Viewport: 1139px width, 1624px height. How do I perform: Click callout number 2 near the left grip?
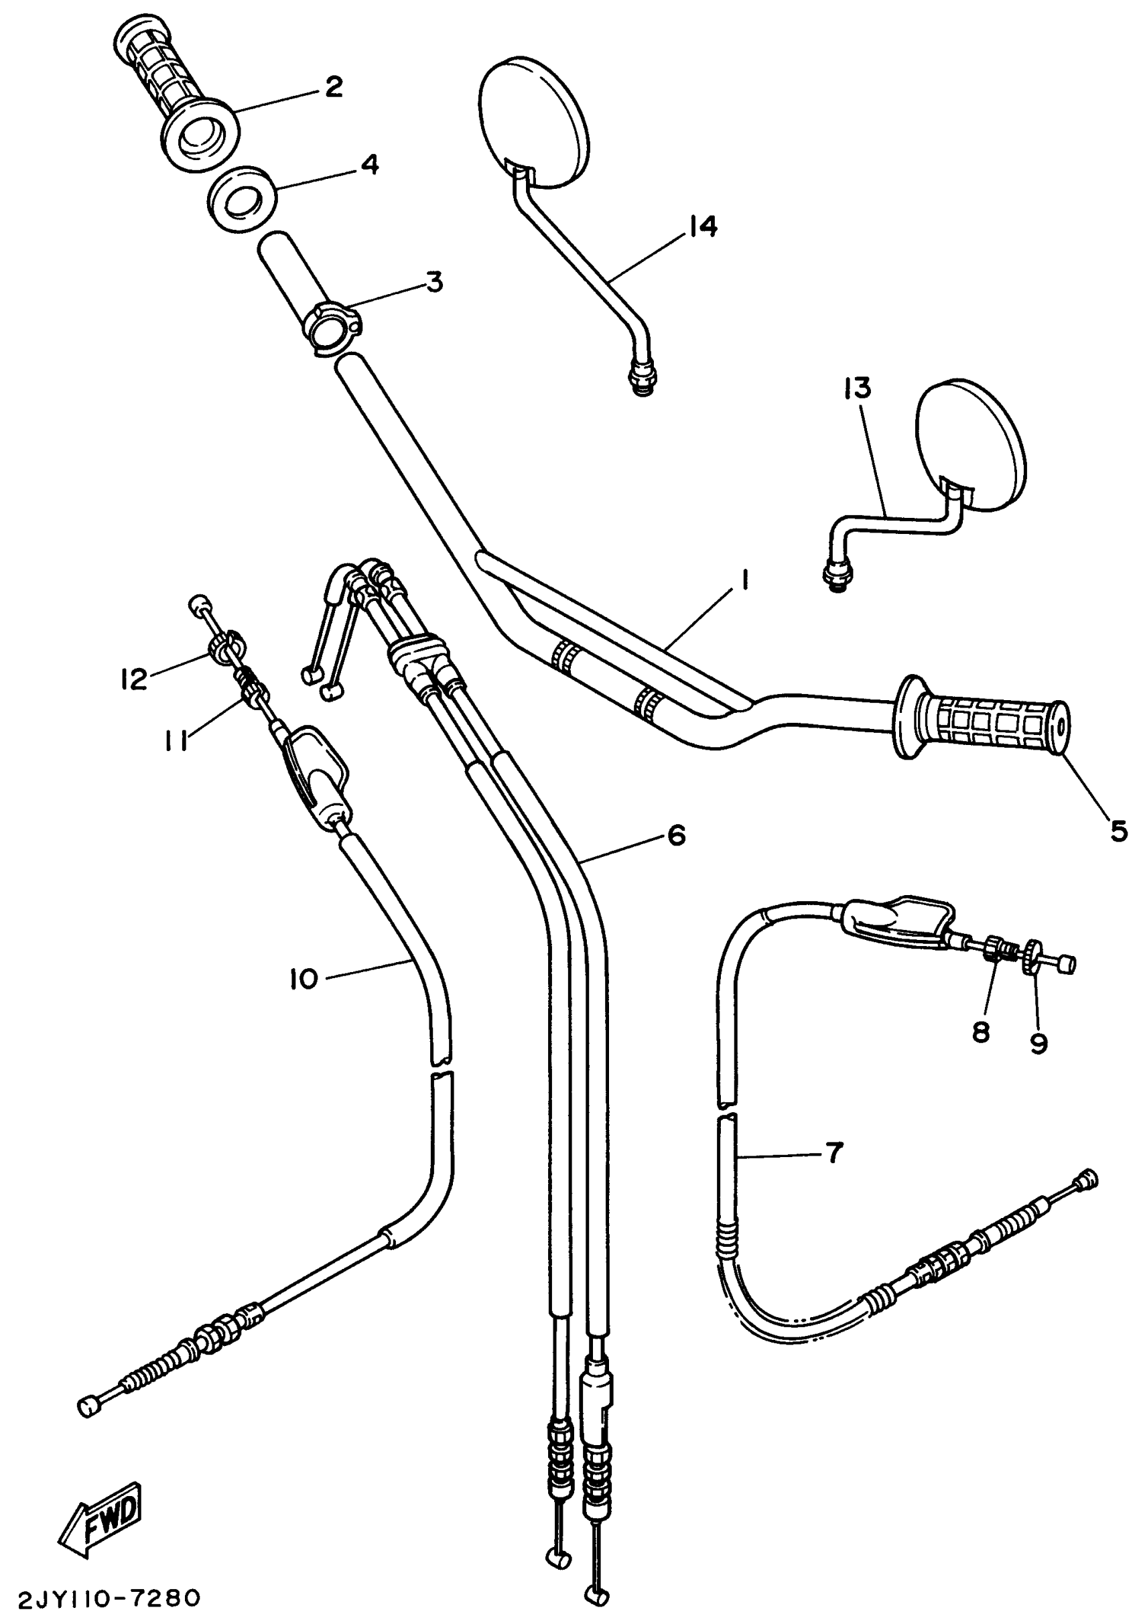click(x=333, y=87)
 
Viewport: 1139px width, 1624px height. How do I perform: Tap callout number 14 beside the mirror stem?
click(x=703, y=226)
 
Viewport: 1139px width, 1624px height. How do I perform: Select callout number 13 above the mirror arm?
click(x=857, y=388)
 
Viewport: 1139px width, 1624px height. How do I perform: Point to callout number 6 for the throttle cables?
click(x=676, y=835)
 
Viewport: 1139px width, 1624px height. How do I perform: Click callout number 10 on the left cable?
click(x=304, y=979)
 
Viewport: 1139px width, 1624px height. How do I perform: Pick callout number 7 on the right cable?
click(x=835, y=1153)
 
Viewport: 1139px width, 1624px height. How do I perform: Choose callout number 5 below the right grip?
click(x=1118, y=832)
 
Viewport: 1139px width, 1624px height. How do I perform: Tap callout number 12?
click(x=133, y=679)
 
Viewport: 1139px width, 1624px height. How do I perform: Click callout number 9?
click(x=1038, y=1042)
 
